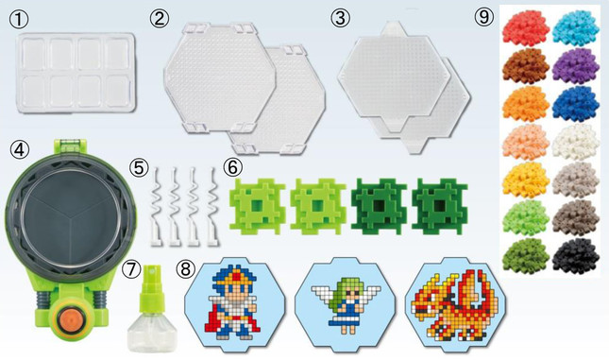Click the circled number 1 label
pyautogui.click(x=19, y=20)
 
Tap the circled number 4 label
pyautogui.click(x=19, y=149)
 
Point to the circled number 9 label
pyautogui.click(x=484, y=17)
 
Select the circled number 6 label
pyautogui.click(x=232, y=167)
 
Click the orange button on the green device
pyautogui.click(x=71, y=318)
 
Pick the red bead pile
pyautogui.click(x=526, y=28)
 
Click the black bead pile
pyautogui.click(x=576, y=256)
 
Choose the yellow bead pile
pyautogui.click(x=526, y=180)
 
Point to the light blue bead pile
pyautogui.click(x=576, y=28)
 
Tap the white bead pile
pyautogui.click(x=576, y=142)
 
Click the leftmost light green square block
pyautogui.click(x=257, y=206)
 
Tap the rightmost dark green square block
pyautogui.click(x=440, y=206)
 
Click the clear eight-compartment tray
pyautogui.click(x=76, y=73)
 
